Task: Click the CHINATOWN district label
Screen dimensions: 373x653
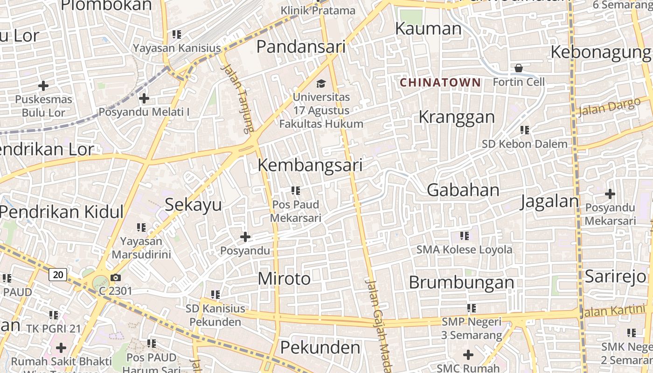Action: pos(440,83)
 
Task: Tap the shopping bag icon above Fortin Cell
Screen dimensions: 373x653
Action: pos(519,69)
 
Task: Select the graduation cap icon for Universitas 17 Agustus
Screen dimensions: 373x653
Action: pos(321,84)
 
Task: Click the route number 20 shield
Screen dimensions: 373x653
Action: pos(58,275)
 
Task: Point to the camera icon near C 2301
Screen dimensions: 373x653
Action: pos(116,278)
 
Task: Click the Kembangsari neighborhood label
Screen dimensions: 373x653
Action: pos(310,166)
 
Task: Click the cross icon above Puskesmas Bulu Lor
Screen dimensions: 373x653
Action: pos(43,86)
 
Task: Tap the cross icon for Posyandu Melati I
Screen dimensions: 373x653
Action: pos(144,98)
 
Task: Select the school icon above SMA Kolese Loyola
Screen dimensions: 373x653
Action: pos(464,236)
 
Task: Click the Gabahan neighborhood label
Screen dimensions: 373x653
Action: pos(463,190)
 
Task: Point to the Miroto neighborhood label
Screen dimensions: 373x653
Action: pos(284,279)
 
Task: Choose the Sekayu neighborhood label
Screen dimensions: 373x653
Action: pos(193,205)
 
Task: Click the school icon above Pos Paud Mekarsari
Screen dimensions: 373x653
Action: pos(295,191)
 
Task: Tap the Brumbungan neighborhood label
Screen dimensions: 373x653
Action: pos(461,283)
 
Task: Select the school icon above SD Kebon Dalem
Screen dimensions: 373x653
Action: pos(525,130)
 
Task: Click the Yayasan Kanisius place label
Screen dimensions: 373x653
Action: pos(177,48)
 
